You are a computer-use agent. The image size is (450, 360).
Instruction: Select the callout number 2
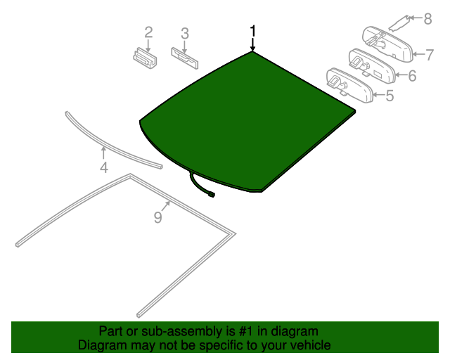tap(148, 32)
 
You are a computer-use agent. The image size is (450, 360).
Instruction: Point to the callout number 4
tap(103, 167)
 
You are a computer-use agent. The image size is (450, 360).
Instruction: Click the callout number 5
tap(389, 95)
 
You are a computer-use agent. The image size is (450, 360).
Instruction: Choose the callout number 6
tap(411, 75)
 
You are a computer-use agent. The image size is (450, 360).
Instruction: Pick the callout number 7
tap(426, 53)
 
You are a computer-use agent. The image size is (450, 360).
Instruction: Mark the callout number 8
tap(427, 19)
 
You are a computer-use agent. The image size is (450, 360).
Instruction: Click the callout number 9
tap(157, 218)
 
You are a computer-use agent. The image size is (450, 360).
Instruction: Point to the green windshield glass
tap(246, 120)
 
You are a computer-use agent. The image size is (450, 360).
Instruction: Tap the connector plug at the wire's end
tap(210, 194)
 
